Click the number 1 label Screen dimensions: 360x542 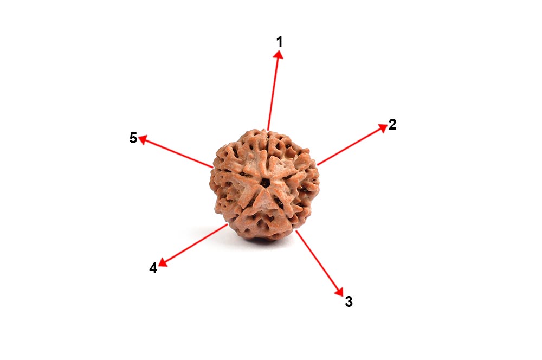pos(280,41)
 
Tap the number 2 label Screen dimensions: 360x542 pos(392,125)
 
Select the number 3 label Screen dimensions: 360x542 pos(349,302)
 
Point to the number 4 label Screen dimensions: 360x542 pos(153,268)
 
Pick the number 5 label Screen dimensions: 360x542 pos(133,138)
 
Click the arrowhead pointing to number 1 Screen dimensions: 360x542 pos(279,55)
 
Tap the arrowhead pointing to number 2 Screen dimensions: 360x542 pos(382,128)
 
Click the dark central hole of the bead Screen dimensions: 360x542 pos(265,183)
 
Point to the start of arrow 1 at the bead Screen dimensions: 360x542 pos(268,130)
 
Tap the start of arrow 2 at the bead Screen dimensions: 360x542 pos(318,164)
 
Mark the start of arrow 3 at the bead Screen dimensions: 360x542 pos(296,230)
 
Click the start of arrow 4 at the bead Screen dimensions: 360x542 pos(227,224)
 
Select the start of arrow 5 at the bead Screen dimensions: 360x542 pos(213,167)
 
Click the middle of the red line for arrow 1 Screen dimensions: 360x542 pos(274,92)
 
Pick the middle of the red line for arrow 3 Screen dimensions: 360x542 pos(318,261)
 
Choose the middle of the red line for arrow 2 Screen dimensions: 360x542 pos(350,146)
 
